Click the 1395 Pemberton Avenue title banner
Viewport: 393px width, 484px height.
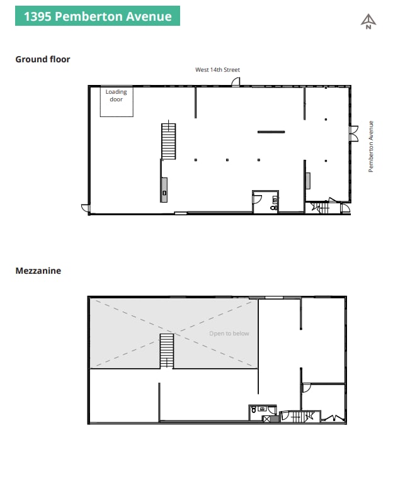point(98,16)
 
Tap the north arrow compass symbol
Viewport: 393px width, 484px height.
point(368,22)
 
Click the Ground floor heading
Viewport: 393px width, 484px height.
point(43,59)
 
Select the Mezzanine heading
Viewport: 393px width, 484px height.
point(38,271)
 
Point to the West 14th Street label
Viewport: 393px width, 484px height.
point(217,70)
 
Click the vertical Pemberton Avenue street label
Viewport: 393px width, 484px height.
point(371,147)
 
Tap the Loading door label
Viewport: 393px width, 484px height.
point(116,96)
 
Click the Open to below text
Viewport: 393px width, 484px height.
point(229,334)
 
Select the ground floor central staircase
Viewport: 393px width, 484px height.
point(168,141)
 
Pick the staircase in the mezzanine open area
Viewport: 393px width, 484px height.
point(166,351)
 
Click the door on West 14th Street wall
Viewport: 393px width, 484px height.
point(236,82)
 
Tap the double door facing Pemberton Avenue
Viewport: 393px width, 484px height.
point(353,133)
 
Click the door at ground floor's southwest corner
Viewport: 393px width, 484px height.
point(85,207)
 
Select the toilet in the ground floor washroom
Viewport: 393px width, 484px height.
point(275,206)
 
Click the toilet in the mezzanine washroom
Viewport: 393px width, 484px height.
point(253,408)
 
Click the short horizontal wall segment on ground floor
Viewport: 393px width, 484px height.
point(271,132)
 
